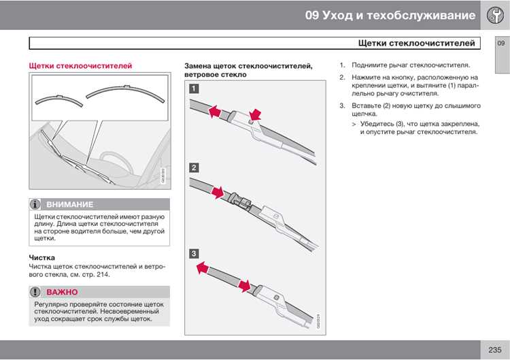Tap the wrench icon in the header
[x=495, y=15]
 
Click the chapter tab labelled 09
[x=501, y=44]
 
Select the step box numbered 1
[x=194, y=88]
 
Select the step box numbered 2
[x=194, y=167]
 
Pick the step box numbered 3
[x=194, y=253]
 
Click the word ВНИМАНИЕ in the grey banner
[x=70, y=204]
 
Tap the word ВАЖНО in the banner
[x=62, y=292]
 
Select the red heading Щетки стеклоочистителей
[x=80, y=66]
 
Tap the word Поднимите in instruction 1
[x=371, y=65]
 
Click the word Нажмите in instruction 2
[x=367, y=78]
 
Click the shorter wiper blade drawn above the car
[x=59, y=98]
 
